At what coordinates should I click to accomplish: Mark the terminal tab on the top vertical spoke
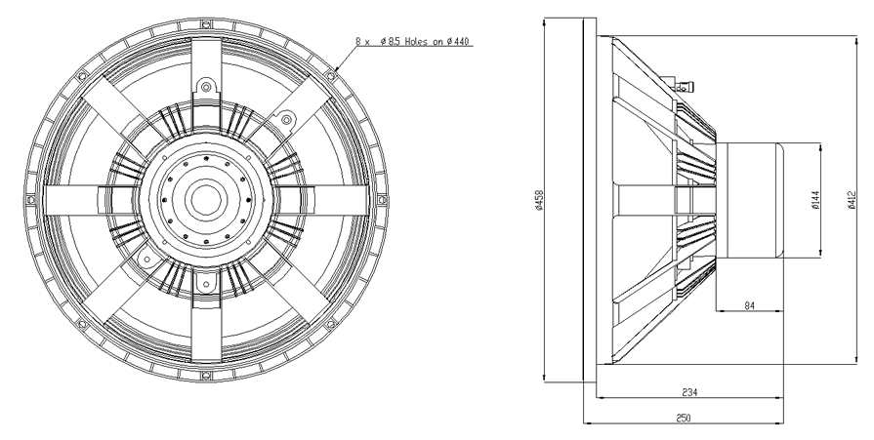click(x=205, y=86)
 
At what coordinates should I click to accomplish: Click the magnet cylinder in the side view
click(x=750, y=201)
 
